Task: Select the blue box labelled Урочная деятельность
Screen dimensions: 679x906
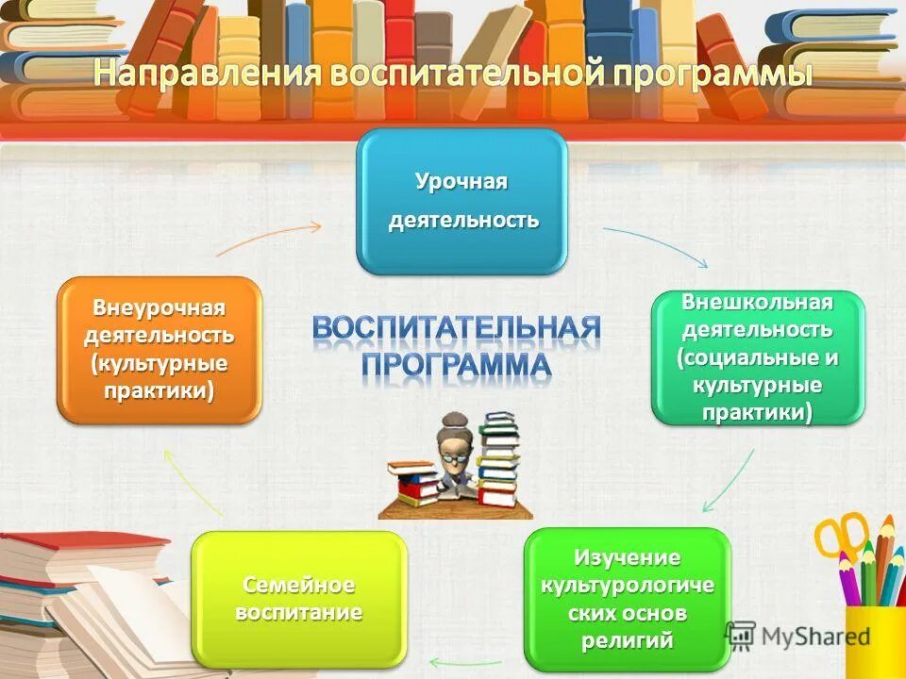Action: point(461,202)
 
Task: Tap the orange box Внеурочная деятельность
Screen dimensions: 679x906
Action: point(159,349)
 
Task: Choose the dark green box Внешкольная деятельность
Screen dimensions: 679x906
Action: point(758,356)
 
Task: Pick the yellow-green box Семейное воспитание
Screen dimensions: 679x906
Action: point(299,599)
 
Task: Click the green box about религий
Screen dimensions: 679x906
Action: point(628,599)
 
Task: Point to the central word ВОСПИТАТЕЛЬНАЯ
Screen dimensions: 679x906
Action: point(457,329)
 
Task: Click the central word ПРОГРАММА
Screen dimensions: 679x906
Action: point(457,365)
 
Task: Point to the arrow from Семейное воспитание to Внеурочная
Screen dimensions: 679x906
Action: point(193,481)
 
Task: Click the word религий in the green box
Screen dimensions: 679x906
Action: point(628,641)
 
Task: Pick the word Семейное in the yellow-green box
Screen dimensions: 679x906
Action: point(299,585)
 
